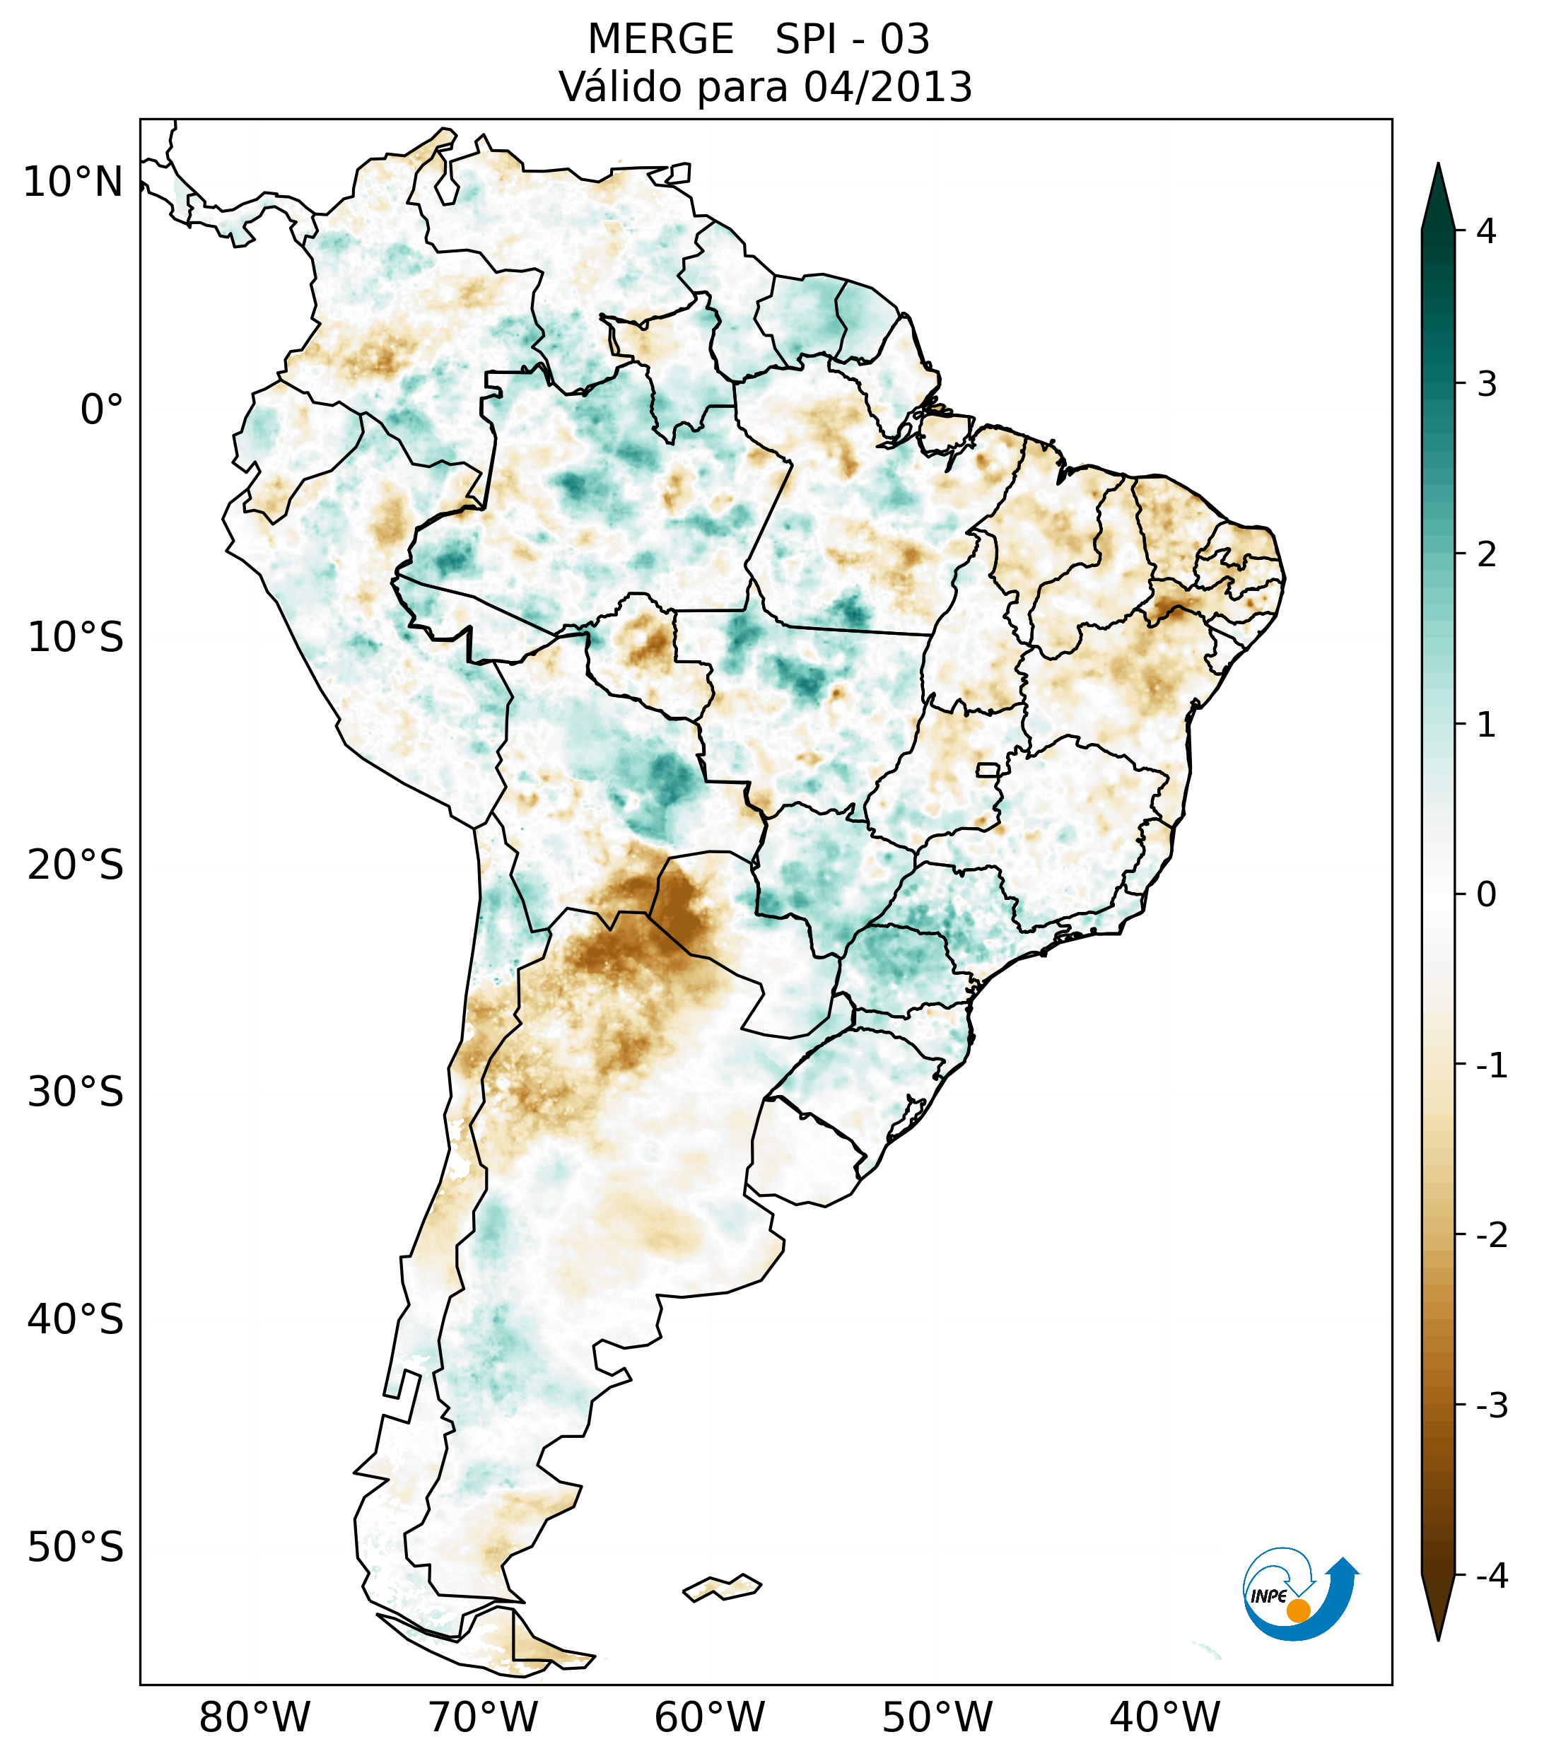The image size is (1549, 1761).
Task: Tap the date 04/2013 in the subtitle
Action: click(887, 87)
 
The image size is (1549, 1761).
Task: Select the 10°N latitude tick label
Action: click(74, 182)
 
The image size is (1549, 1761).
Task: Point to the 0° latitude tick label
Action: click(102, 410)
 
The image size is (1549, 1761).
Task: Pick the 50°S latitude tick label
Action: click(76, 1548)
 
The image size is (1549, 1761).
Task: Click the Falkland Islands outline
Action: click(722, 1587)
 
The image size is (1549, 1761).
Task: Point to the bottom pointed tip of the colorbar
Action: click(1438, 1638)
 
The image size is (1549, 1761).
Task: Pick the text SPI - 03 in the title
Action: click(852, 40)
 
